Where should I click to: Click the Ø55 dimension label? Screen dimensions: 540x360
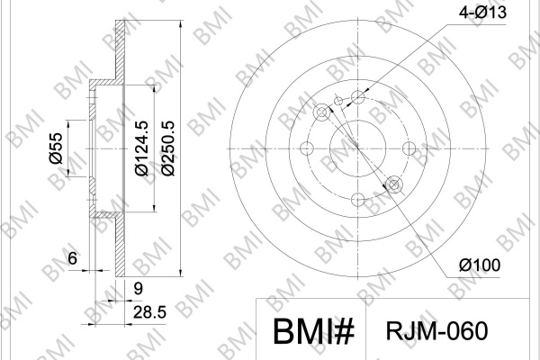point(57,148)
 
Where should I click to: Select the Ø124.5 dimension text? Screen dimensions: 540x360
point(141,148)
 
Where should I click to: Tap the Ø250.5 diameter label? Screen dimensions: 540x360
point(168,148)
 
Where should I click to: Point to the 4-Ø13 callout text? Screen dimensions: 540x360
point(482,13)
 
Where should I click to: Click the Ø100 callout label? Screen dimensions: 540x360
point(480,265)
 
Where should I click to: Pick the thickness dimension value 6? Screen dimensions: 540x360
point(72,258)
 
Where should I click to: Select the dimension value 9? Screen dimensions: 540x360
point(138,288)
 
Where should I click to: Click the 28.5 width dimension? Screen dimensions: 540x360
point(149,313)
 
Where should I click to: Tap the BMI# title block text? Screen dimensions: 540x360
point(313,331)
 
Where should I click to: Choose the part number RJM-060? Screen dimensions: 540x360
point(436,331)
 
